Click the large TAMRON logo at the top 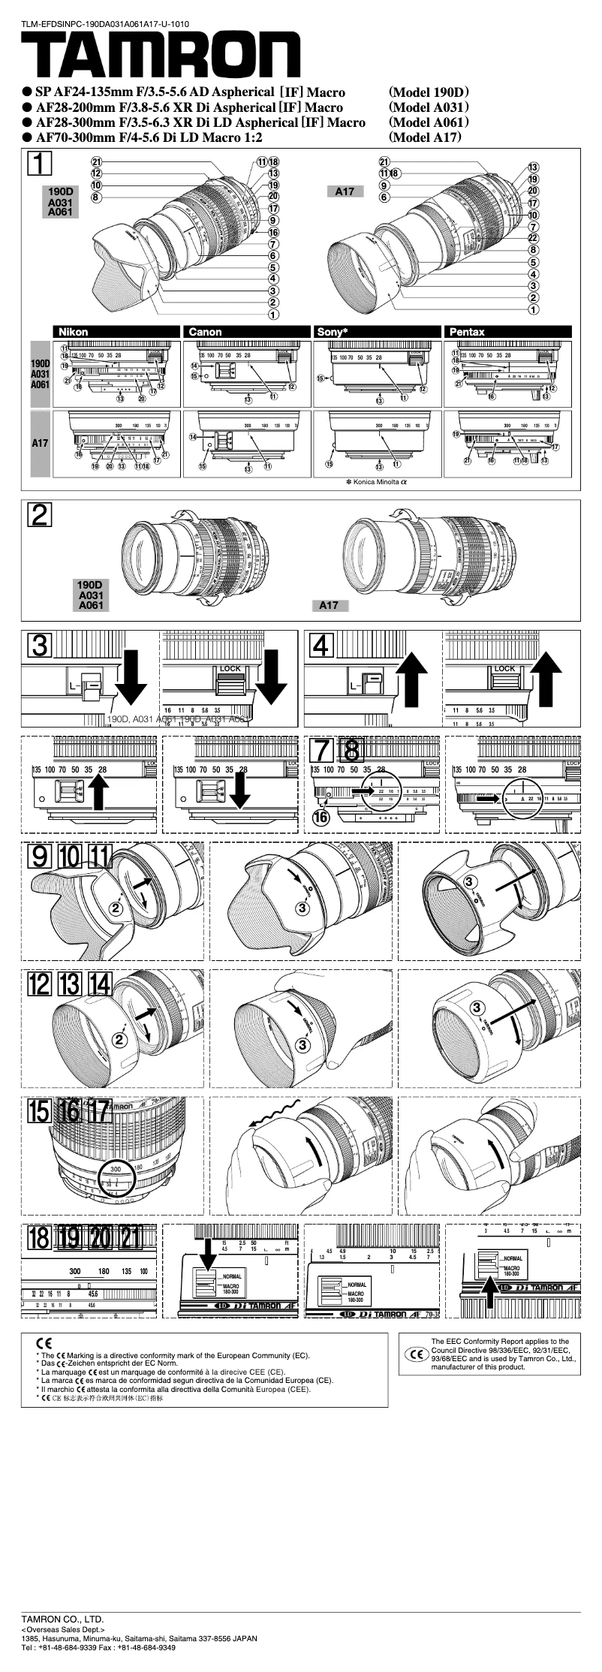(x=161, y=57)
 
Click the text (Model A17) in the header (x=425, y=137)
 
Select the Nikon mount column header (x=73, y=332)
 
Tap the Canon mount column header (x=205, y=332)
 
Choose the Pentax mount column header (x=467, y=332)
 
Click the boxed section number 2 (x=40, y=514)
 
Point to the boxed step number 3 (x=40, y=645)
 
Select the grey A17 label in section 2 (x=329, y=605)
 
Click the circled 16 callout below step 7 (x=321, y=818)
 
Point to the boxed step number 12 (x=40, y=984)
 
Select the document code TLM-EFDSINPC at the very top (x=104, y=24)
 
